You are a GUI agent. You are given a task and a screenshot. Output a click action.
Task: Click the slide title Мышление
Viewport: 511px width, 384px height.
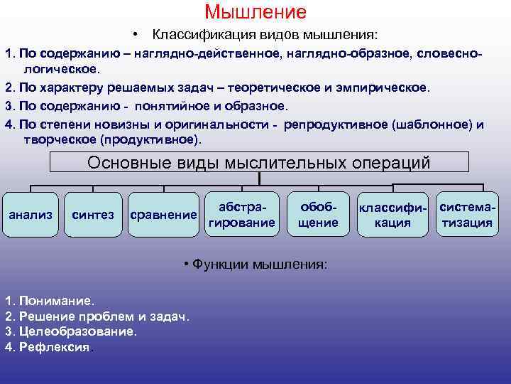255,12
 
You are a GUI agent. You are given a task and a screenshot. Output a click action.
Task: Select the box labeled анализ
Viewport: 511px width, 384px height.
30,214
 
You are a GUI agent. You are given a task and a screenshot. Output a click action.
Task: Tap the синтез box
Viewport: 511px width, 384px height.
94,214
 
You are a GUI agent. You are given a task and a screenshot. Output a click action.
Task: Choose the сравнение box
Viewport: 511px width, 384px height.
163,214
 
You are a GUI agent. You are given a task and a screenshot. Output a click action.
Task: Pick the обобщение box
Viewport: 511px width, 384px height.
318,214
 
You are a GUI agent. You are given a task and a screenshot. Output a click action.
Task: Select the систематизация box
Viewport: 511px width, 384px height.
467,214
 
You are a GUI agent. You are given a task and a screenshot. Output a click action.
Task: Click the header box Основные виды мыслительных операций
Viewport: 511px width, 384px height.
259,162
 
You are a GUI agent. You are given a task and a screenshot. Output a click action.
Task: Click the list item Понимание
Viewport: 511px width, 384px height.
50,301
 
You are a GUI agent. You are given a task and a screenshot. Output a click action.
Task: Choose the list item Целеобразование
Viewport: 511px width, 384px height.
71,331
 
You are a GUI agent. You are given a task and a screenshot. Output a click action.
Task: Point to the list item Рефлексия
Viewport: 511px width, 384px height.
50,347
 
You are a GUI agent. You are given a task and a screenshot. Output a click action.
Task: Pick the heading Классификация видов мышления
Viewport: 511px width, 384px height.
265,35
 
